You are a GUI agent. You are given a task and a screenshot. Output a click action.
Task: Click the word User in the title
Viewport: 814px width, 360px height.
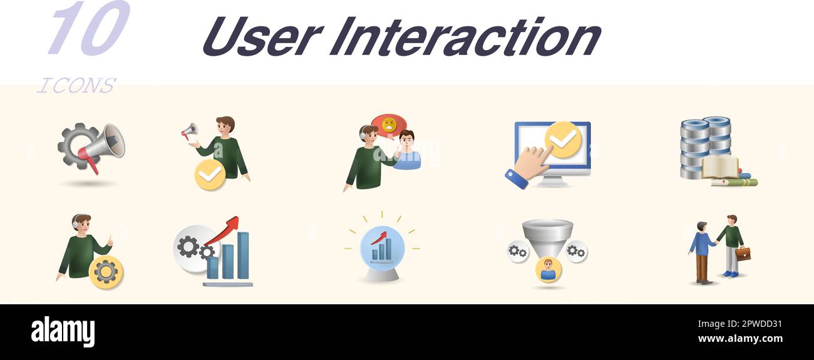[263, 36]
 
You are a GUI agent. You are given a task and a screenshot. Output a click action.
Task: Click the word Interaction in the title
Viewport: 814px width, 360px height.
[465, 36]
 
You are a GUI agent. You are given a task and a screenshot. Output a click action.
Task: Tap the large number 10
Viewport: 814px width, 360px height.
[90, 28]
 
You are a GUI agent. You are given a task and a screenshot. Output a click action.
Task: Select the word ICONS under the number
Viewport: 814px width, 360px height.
[76, 86]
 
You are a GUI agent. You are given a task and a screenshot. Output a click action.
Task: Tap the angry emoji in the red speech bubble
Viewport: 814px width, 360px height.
[389, 125]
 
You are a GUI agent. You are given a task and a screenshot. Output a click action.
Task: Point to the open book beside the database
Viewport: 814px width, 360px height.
[720, 167]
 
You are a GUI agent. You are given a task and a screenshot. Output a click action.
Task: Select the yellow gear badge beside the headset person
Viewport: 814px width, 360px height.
[106, 272]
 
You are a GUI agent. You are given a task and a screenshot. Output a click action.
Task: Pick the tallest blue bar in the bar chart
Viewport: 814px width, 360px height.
[243, 255]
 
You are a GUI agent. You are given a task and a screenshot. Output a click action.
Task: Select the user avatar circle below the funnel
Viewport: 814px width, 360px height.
[549, 270]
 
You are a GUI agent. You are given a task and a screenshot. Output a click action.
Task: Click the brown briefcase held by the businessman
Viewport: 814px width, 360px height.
[743, 254]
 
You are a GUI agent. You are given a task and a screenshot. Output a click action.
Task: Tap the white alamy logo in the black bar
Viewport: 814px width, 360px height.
[63, 332]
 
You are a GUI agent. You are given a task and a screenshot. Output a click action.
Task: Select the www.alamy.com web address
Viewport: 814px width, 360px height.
[740, 339]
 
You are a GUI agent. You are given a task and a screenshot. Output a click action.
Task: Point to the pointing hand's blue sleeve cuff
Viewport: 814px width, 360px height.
[517, 179]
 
